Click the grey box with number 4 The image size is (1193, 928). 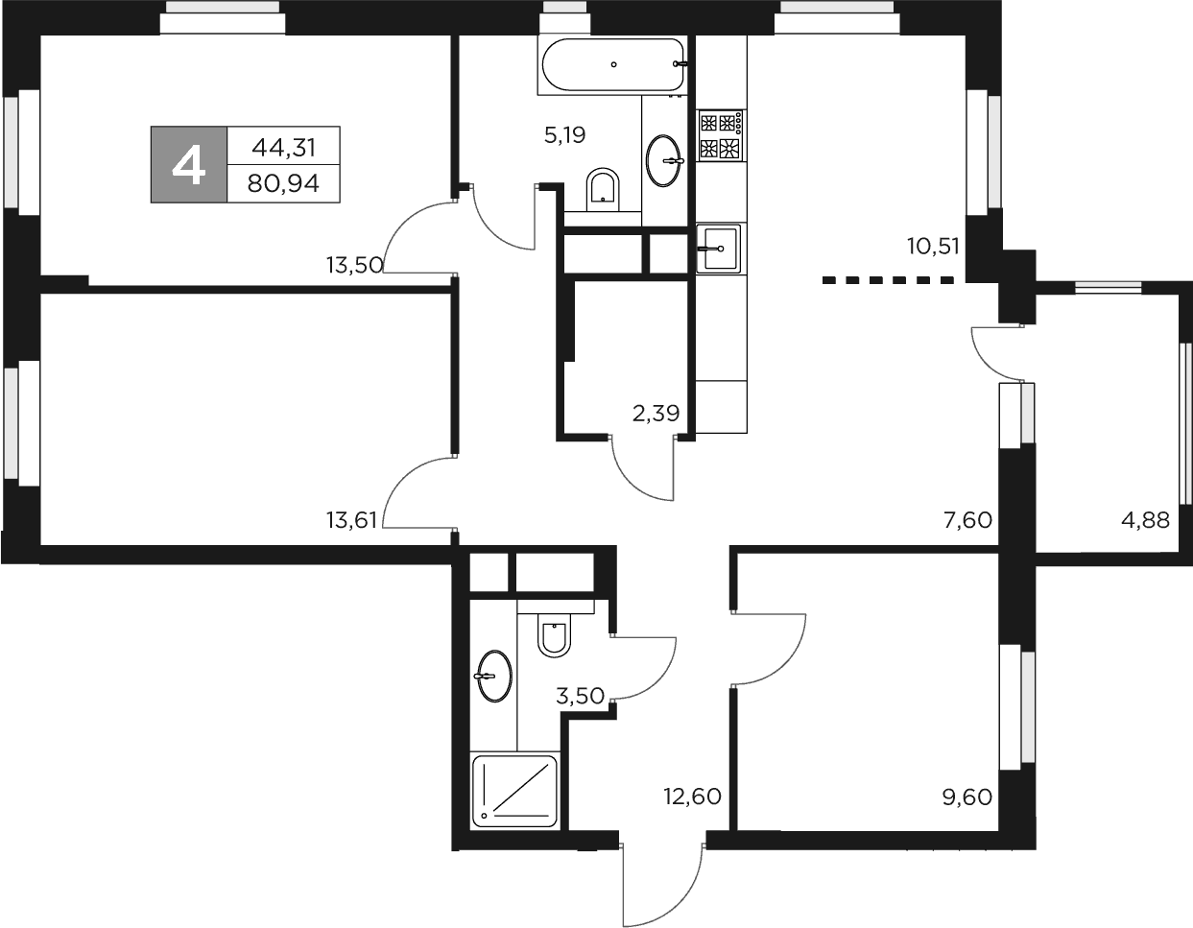click(x=188, y=164)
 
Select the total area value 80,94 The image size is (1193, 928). click(x=283, y=183)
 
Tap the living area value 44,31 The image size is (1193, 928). click(x=283, y=147)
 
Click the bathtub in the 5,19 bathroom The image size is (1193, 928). click(x=613, y=64)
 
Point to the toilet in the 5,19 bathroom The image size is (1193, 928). click(x=603, y=187)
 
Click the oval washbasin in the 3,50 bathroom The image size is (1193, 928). click(x=493, y=677)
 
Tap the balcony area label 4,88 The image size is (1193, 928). click(x=1145, y=521)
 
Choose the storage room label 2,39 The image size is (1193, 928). click(x=656, y=415)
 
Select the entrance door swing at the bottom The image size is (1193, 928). click(x=662, y=888)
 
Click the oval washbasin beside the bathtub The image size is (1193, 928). click(x=664, y=160)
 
